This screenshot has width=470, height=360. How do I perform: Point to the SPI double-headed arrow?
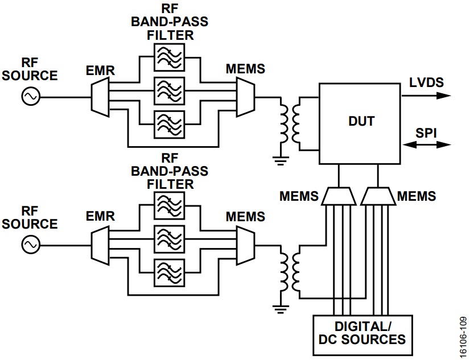coord(427,145)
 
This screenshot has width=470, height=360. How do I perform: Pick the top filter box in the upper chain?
coord(170,57)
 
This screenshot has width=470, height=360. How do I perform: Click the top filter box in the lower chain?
coord(170,204)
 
